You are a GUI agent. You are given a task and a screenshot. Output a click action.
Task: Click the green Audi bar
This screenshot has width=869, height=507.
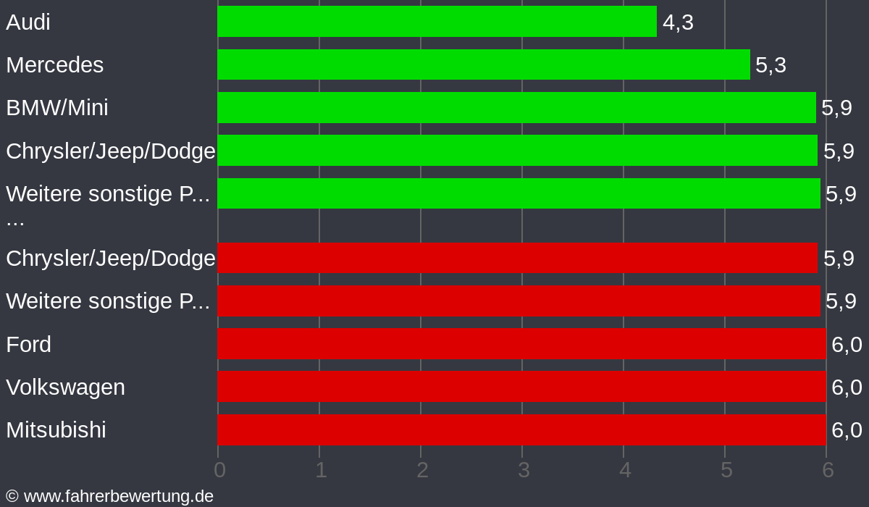click(x=437, y=22)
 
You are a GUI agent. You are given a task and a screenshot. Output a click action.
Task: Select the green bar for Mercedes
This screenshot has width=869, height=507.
click(x=483, y=64)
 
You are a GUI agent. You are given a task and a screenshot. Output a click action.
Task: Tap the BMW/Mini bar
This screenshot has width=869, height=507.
click(x=516, y=107)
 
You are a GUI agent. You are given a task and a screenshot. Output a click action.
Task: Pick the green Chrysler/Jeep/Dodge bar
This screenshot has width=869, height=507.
click(x=517, y=150)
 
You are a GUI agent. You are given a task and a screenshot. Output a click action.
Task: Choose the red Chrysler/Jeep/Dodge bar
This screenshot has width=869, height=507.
click(x=517, y=258)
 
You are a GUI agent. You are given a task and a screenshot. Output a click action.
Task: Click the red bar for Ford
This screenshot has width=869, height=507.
click(x=521, y=344)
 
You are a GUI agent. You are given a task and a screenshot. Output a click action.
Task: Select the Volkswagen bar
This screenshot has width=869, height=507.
click(x=521, y=387)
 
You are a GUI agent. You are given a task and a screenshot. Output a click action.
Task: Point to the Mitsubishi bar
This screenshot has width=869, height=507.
click(x=521, y=430)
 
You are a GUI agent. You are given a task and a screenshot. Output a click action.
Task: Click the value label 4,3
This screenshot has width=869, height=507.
click(x=678, y=22)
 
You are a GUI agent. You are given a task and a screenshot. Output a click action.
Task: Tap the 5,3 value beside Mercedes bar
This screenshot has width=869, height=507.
click(x=771, y=65)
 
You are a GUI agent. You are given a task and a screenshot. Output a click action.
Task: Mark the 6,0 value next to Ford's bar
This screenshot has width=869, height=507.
click(x=847, y=345)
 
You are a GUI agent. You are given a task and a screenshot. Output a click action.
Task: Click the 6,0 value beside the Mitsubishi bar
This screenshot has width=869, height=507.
click(x=847, y=430)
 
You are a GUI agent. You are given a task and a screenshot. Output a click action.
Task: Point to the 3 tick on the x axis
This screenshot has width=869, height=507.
click(x=524, y=470)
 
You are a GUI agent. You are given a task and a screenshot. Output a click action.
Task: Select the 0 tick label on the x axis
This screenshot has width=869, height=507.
click(x=219, y=470)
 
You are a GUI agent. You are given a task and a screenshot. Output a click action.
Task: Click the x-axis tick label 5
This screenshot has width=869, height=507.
click(x=726, y=470)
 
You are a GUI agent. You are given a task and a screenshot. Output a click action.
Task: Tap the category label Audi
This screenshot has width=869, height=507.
click(x=28, y=22)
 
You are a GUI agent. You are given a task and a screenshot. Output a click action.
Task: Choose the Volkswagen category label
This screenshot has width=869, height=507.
click(x=65, y=387)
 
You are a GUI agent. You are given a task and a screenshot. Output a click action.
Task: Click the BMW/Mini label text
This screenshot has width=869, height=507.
click(x=57, y=108)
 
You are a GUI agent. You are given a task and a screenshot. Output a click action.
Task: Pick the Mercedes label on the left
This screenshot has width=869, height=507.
click(x=55, y=65)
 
